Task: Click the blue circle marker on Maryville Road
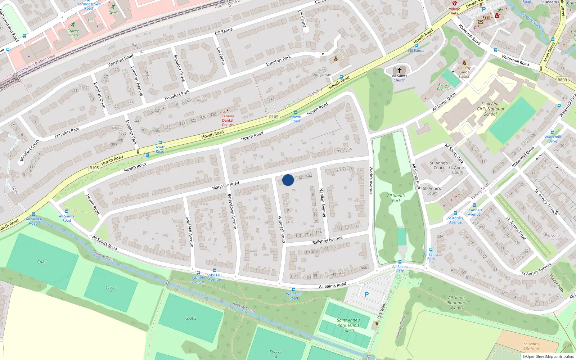point(288,180)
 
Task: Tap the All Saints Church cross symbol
point(399,70)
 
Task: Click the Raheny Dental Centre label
point(228,120)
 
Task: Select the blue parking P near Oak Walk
point(367,294)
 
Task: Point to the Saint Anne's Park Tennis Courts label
point(348,325)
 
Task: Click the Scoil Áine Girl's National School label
point(490,109)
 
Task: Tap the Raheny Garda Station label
point(464,72)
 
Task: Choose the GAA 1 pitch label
point(42,262)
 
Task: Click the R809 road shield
point(562,80)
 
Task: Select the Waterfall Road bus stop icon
point(294,289)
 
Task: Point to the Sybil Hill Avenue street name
point(189,231)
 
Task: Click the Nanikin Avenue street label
point(323,203)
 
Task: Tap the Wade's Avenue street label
point(371,180)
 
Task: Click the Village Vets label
point(454,11)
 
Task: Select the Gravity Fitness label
point(73,33)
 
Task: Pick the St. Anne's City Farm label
point(531,346)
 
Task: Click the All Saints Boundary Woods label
point(457,302)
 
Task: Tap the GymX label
point(113,13)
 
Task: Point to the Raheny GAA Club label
point(444,87)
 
